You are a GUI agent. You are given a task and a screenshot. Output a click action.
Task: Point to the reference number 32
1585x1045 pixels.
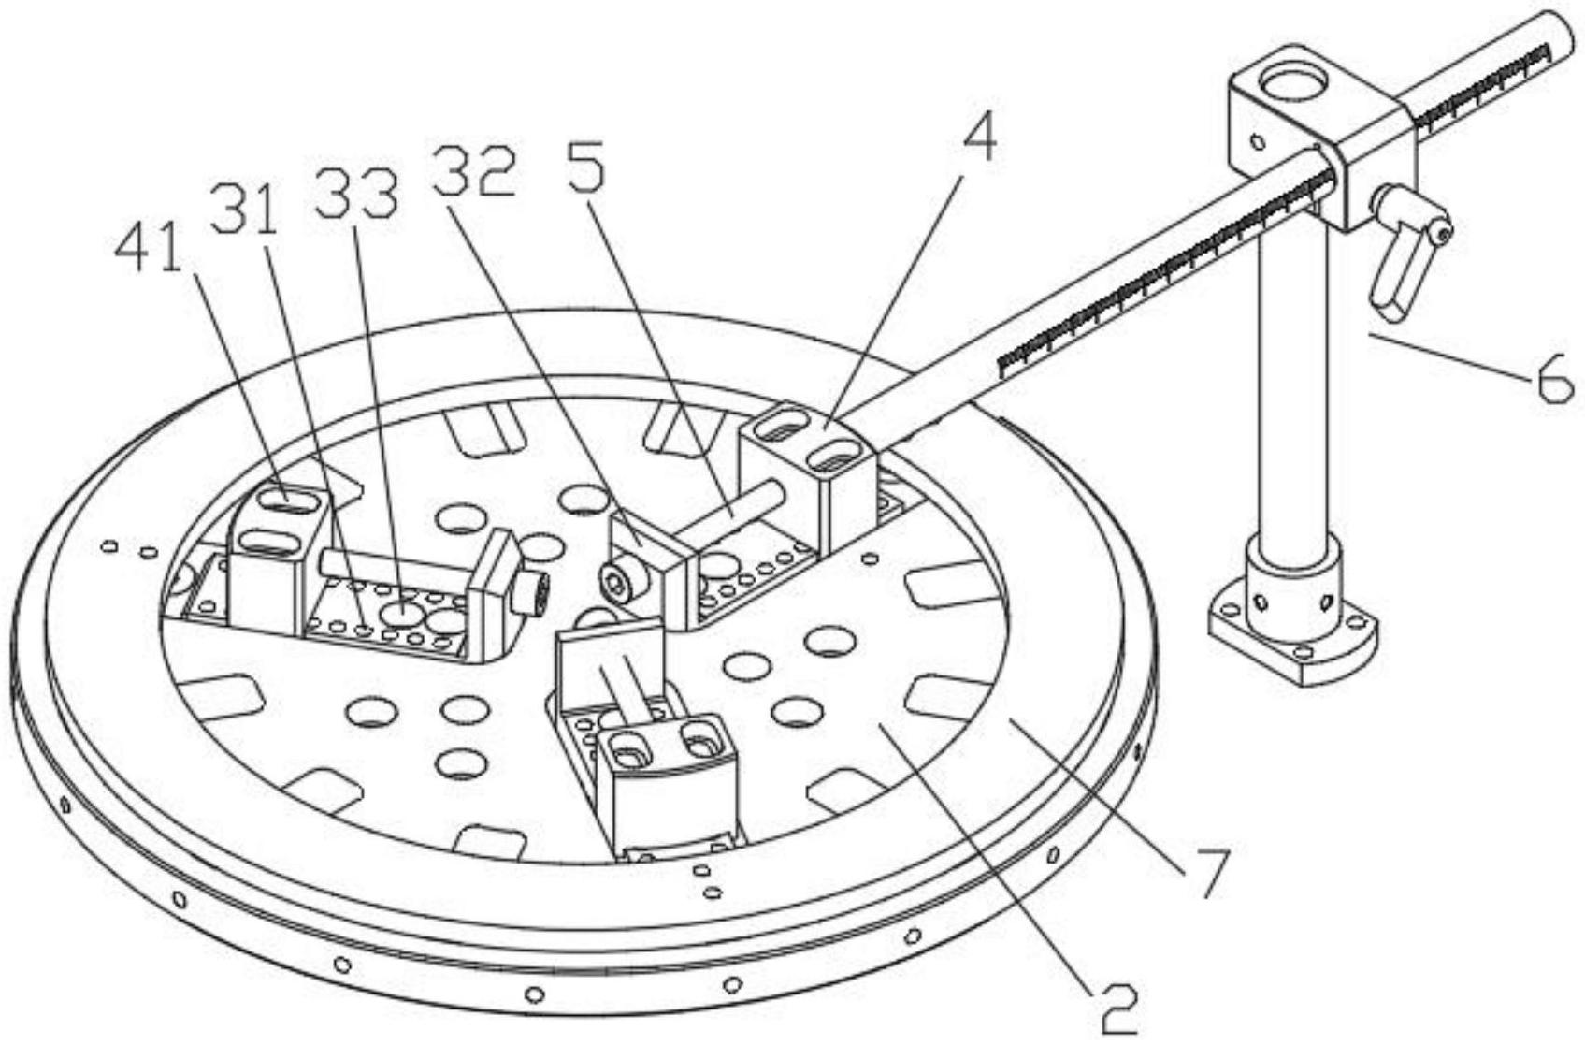(x=473, y=170)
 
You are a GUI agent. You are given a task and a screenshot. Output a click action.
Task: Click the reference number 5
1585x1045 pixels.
(x=586, y=165)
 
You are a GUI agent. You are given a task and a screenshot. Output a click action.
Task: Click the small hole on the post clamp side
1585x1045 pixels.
(x=1258, y=141)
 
